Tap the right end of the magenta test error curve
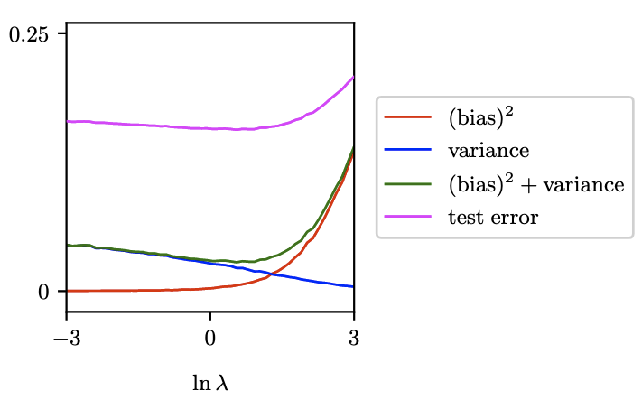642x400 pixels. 353,78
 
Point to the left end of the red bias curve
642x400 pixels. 68,291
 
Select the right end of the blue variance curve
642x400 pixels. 353,286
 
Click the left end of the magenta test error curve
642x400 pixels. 68,121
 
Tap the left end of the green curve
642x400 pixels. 68,245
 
